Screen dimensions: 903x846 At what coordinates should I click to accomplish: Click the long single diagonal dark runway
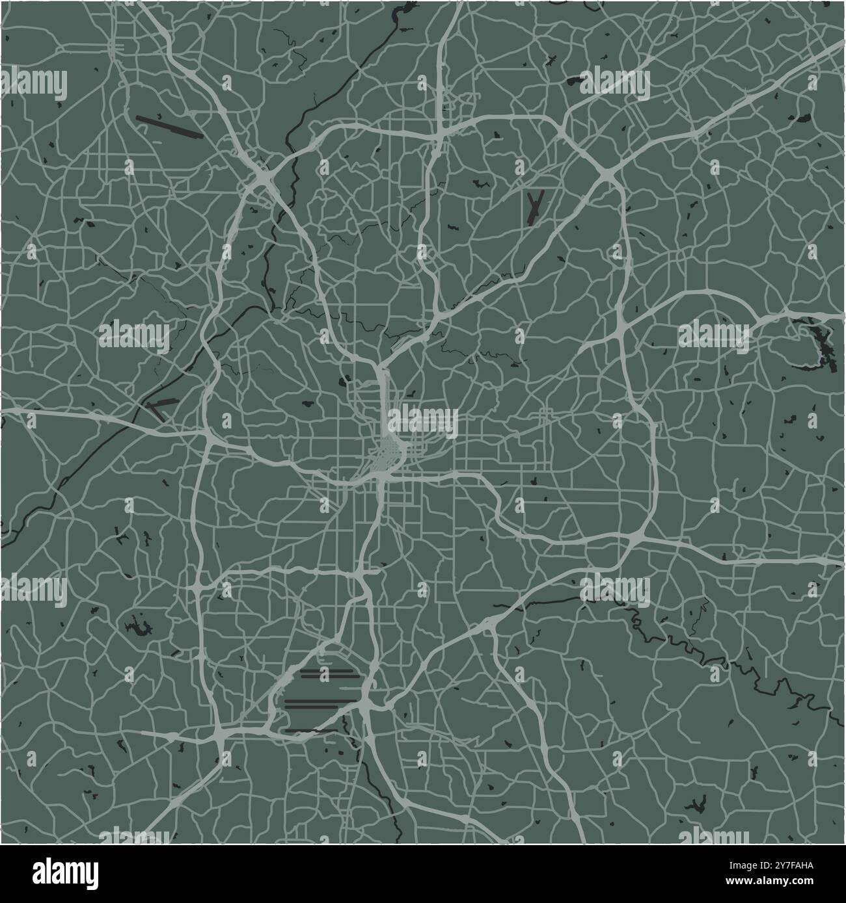pyautogui.click(x=169, y=127)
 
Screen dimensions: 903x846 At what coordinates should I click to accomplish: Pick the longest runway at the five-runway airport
pyautogui.click(x=321, y=702)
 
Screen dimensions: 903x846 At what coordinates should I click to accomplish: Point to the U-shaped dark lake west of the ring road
pyautogui.click(x=139, y=627)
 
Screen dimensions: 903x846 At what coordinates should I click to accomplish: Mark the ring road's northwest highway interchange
pyautogui.click(x=264, y=177)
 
